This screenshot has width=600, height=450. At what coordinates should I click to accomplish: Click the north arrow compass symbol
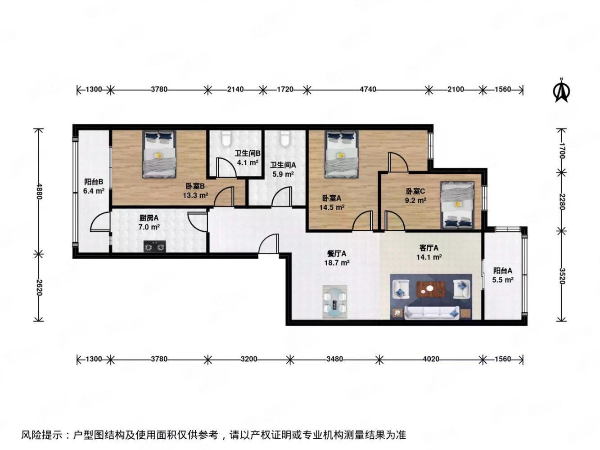561,90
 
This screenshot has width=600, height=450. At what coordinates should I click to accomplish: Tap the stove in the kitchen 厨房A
154,246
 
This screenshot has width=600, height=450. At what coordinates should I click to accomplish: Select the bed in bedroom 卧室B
159,154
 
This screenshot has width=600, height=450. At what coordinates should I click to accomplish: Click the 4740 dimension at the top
368,90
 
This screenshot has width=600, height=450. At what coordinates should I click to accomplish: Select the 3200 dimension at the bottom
248,359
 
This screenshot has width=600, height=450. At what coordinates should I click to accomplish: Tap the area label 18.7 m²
337,263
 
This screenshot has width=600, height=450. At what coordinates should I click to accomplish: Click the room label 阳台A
503,270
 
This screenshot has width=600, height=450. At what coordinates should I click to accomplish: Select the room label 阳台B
94,182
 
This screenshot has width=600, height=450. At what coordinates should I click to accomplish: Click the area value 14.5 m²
332,207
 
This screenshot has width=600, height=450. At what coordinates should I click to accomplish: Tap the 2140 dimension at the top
235,90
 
